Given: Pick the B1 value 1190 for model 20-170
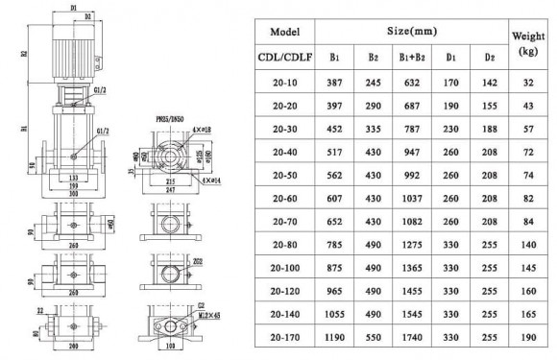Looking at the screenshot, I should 335,338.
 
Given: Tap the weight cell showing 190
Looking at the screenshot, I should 526,338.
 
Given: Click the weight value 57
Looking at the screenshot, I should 526,130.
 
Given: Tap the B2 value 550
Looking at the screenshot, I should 371,338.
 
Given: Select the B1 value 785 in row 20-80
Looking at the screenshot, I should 335,245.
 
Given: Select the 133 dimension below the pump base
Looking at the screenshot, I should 72,178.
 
